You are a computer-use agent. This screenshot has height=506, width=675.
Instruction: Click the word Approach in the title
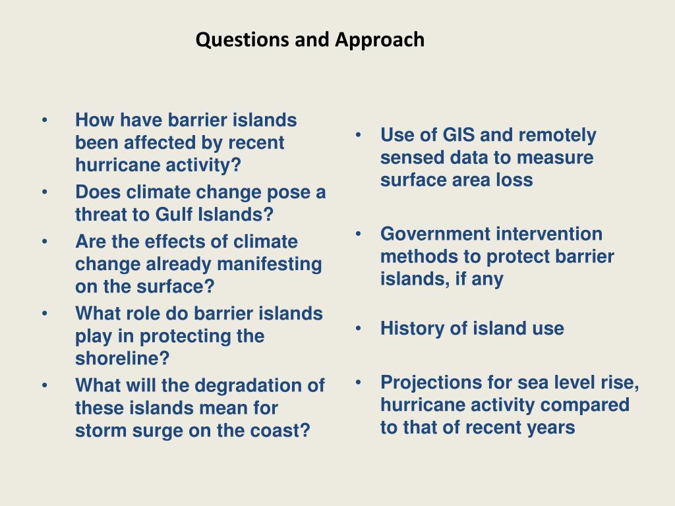click(x=379, y=40)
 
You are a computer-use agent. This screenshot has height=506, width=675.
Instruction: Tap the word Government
click(x=435, y=234)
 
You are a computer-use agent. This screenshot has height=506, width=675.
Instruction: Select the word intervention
click(x=549, y=234)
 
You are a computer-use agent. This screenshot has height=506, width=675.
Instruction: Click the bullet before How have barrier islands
click(x=44, y=121)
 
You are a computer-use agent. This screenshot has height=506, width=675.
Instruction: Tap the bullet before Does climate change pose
click(x=44, y=192)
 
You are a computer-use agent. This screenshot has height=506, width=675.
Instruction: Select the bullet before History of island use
click(x=357, y=328)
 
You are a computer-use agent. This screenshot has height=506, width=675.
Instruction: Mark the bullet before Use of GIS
click(x=357, y=135)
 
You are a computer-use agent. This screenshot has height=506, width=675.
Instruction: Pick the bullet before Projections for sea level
click(x=357, y=382)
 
